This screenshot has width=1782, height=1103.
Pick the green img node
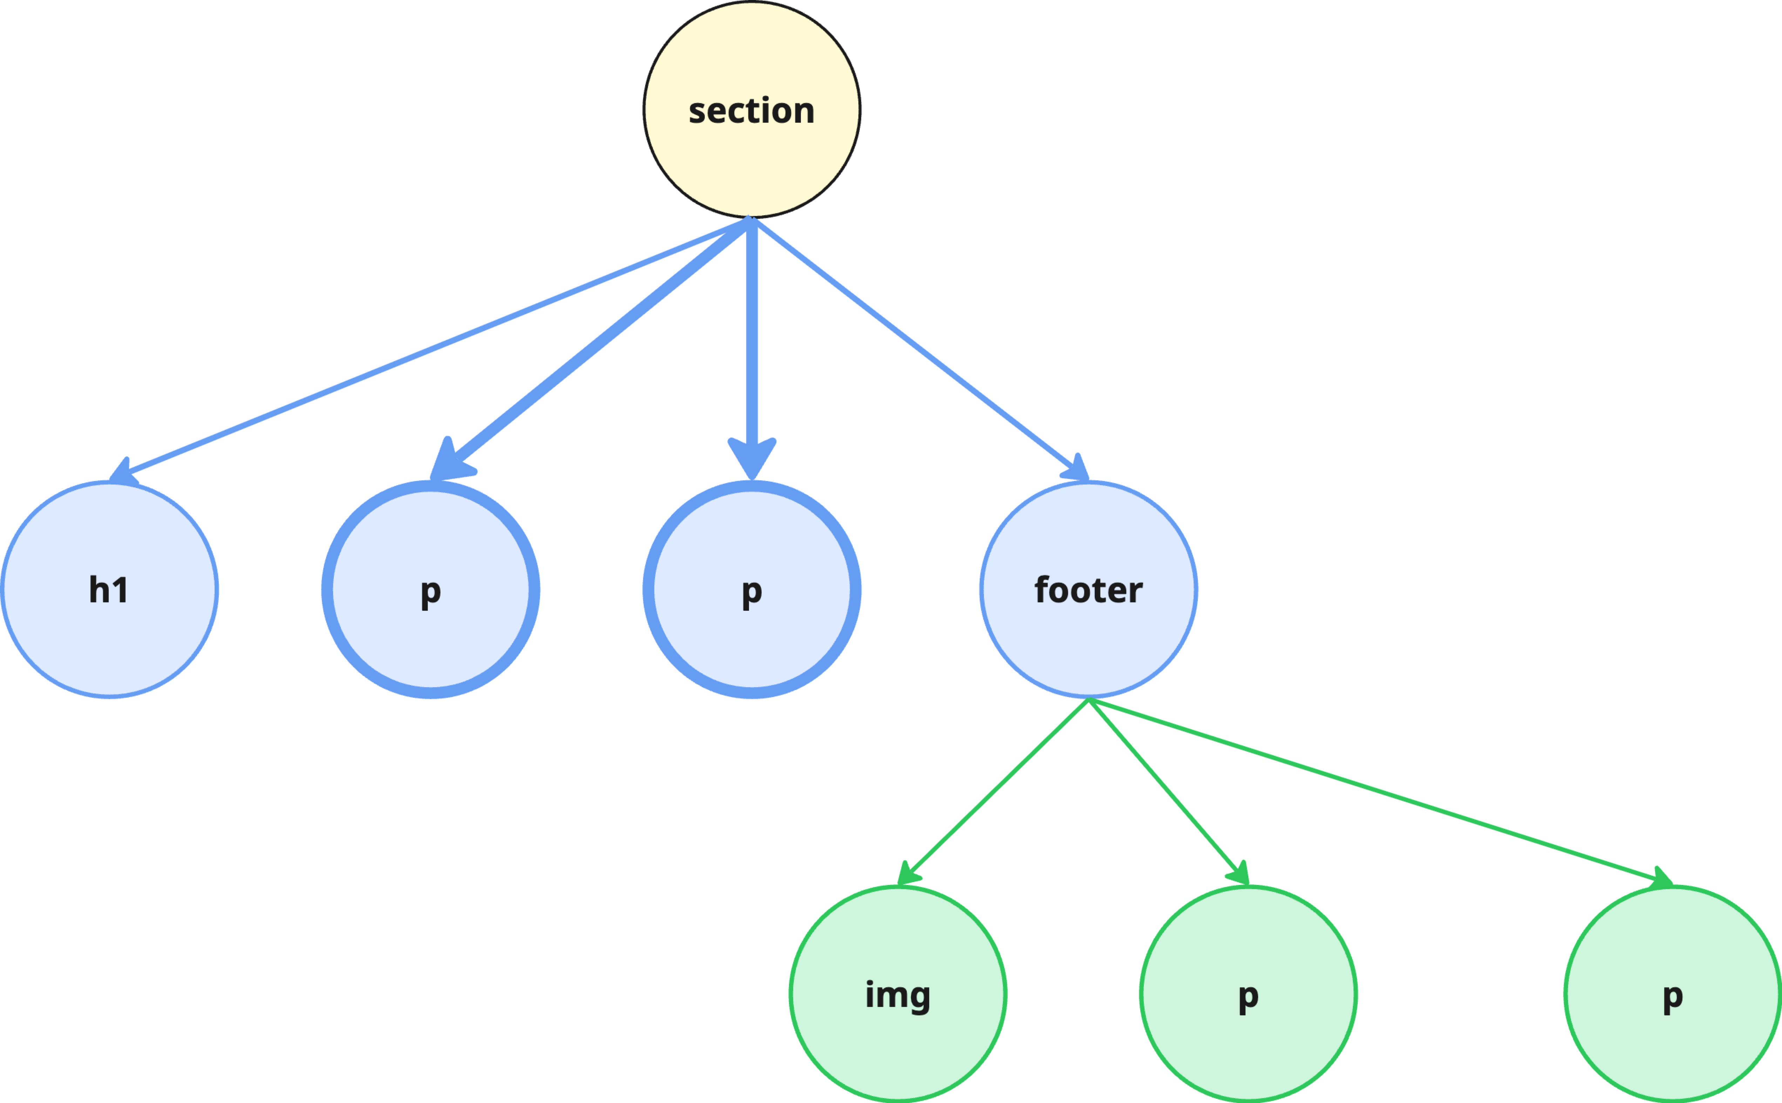pos(898,1036)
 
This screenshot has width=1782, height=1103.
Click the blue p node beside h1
pos(430,635)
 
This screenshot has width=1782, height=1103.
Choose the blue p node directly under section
pos(751,635)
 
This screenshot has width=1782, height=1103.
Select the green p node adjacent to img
pos(1248,1036)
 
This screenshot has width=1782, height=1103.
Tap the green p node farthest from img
pos(1673,1036)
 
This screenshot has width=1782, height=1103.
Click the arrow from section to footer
pos(912,343)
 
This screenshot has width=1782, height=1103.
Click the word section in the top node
pos(751,111)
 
